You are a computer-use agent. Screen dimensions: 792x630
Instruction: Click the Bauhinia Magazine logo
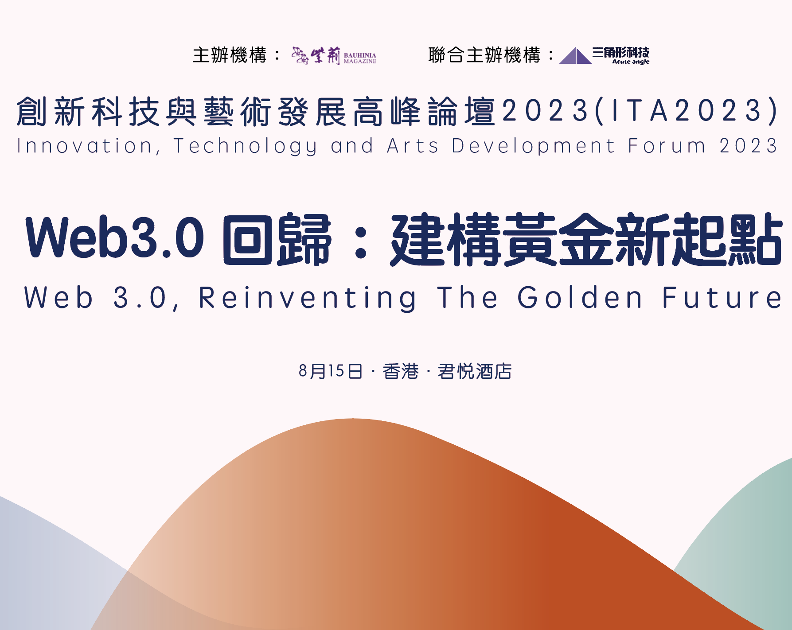[x=334, y=56]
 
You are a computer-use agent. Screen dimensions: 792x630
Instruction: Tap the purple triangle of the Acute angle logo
[x=575, y=56]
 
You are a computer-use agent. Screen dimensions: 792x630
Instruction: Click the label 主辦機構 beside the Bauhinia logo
[x=230, y=55]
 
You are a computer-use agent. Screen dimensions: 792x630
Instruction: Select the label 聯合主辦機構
[x=484, y=55]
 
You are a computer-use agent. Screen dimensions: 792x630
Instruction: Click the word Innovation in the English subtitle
[x=85, y=146]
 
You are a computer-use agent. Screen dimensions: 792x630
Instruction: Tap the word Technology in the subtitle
[x=246, y=146]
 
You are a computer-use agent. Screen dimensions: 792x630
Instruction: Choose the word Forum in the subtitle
[x=667, y=146]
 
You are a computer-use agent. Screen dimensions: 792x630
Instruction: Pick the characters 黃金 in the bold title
[x=558, y=239]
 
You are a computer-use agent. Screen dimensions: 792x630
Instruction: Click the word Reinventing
[x=308, y=298]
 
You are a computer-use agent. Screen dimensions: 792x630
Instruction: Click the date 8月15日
[x=331, y=371]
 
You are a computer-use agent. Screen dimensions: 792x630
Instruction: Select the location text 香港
[x=401, y=371]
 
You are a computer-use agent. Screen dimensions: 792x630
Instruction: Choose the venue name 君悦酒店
[x=475, y=371]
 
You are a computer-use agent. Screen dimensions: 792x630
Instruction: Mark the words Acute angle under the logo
[x=631, y=62]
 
